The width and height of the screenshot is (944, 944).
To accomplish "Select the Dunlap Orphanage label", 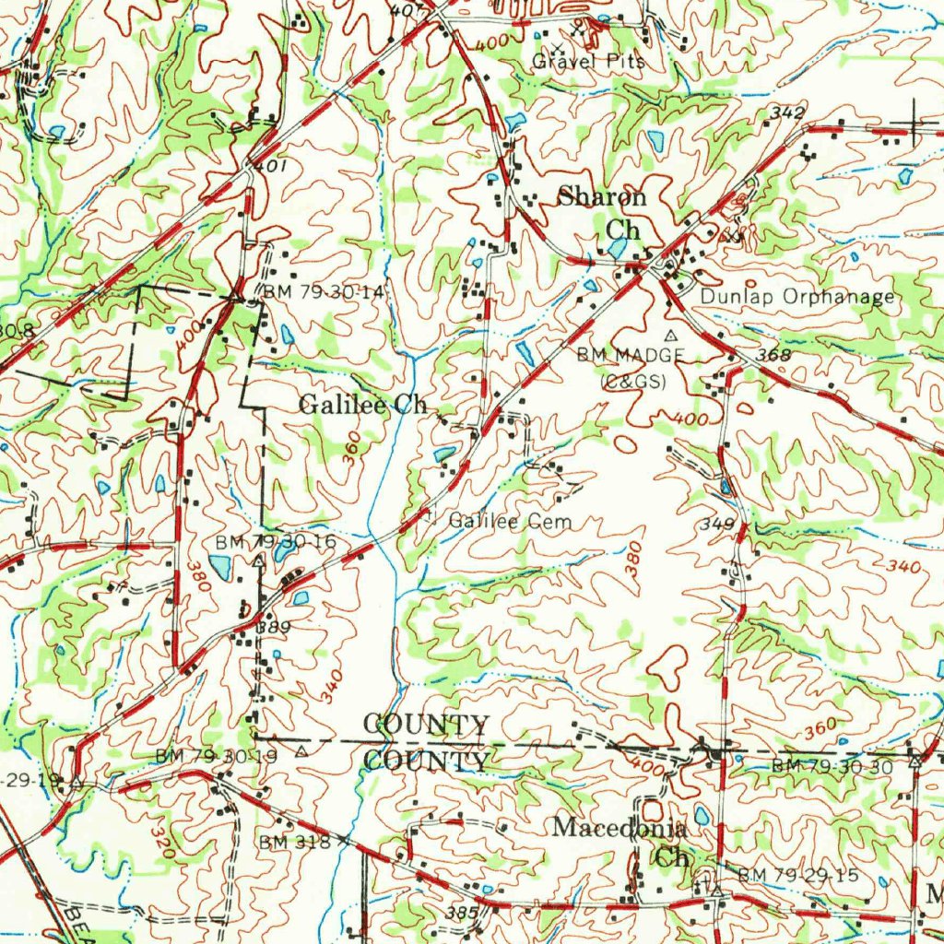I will click(797, 297).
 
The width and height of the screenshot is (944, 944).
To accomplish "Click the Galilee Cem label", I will click(510, 521).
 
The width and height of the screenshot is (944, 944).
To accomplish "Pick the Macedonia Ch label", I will click(619, 841).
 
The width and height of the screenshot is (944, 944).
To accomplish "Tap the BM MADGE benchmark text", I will click(631, 355).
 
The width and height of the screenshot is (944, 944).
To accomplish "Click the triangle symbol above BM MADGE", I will click(671, 334).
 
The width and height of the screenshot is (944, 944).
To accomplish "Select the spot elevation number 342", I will click(786, 113).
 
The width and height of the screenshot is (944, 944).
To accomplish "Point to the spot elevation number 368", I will click(773, 355).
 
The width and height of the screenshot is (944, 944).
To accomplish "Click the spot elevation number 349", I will click(716, 525).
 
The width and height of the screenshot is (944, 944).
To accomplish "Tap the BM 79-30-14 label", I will click(324, 291).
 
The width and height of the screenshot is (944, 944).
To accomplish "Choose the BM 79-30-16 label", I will click(276, 541).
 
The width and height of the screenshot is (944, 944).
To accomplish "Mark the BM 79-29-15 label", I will click(797, 874).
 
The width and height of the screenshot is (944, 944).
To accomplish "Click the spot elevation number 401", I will click(272, 166).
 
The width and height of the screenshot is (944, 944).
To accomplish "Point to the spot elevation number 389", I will click(274, 627).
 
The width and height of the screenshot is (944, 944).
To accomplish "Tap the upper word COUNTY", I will click(426, 725).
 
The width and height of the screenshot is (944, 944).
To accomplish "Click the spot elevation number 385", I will click(462, 913).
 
